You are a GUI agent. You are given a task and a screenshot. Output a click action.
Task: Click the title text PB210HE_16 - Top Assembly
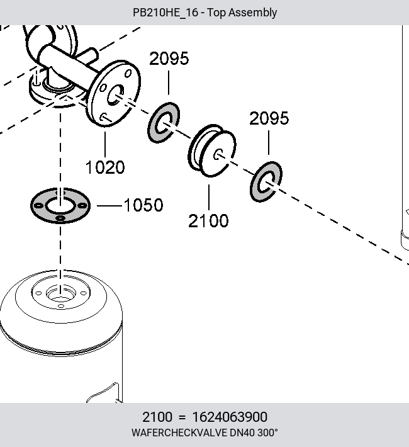click(204, 13)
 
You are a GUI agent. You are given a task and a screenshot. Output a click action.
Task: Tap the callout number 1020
click(105, 167)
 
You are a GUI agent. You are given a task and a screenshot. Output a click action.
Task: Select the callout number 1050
click(143, 205)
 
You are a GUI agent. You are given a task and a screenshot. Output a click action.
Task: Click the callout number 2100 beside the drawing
click(208, 221)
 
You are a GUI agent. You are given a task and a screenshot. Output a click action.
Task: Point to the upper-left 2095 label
click(169, 59)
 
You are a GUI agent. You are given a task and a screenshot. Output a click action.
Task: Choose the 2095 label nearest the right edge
click(269, 118)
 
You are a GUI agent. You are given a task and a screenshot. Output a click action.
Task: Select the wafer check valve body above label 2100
click(212, 151)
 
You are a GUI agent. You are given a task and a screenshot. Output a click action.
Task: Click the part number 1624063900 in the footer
click(230, 417)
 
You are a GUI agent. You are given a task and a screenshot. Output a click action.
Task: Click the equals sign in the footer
click(182, 417)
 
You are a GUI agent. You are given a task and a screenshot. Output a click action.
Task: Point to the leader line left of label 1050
click(109, 205)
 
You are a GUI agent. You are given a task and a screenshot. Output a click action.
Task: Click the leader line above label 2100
click(209, 197)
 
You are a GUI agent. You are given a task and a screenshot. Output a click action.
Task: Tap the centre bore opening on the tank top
click(60, 294)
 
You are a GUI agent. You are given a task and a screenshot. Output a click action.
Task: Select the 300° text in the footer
click(267, 433)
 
